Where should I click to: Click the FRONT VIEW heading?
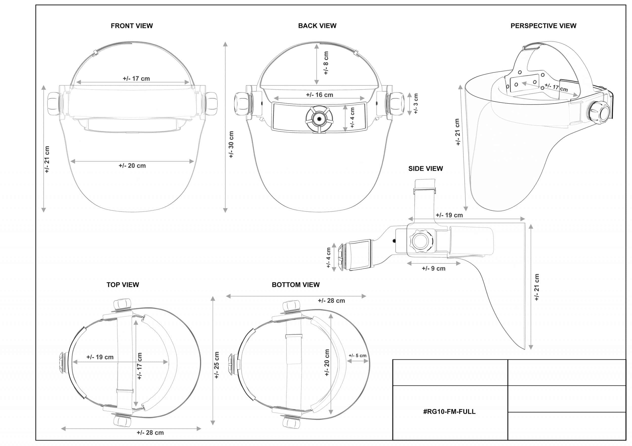coord(132,26)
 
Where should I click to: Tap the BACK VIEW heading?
coord(317,26)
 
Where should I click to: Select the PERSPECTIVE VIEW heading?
coord(543,26)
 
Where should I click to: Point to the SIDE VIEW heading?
coord(425,169)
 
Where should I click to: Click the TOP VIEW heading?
coord(122,285)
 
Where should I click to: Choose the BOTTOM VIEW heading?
coord(296,285)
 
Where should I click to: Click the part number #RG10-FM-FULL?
coord(449,412)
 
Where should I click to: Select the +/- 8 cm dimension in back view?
coord(326,63)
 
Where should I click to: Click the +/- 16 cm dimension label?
coord(319,95)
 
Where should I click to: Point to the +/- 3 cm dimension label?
coord(416,103)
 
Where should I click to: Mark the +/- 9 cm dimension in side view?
coord(434,269)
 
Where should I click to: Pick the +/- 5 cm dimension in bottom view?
coord(357,356)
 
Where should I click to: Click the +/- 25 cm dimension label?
coord(217,365)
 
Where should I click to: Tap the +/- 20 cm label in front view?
coord(132,166)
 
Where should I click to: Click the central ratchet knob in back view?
coord(319,119)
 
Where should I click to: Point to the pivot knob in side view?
coord(420,241)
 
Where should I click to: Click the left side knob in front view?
coord(53,103)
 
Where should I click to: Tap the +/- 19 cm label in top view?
coord(100,357)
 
